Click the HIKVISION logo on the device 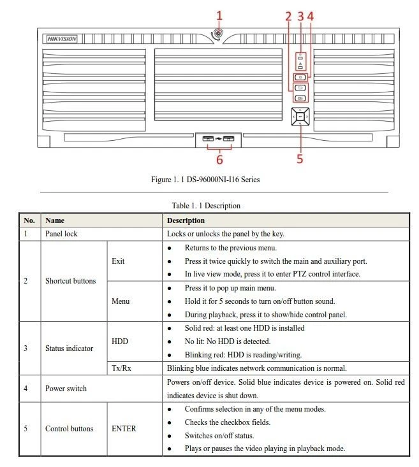tap(62, 39)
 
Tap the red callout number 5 tap(300, 159)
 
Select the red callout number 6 tap(219, 159)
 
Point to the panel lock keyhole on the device tap(219, 34)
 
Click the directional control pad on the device tap(300, 117)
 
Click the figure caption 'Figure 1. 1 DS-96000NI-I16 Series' tap(205, 180)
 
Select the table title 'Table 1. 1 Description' tap(206, 206)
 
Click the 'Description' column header tap(186, 220)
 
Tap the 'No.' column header tap(29, 220)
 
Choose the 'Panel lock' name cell tap(61, 234)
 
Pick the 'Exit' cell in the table tap(118, 261)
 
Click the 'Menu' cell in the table tap(121, 301)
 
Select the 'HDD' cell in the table tap(120, 341)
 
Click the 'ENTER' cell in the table tap(124, 429)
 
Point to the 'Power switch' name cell tap(66, 388)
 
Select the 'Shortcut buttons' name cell tap(70, 281)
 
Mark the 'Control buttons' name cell tap(69, 429)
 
